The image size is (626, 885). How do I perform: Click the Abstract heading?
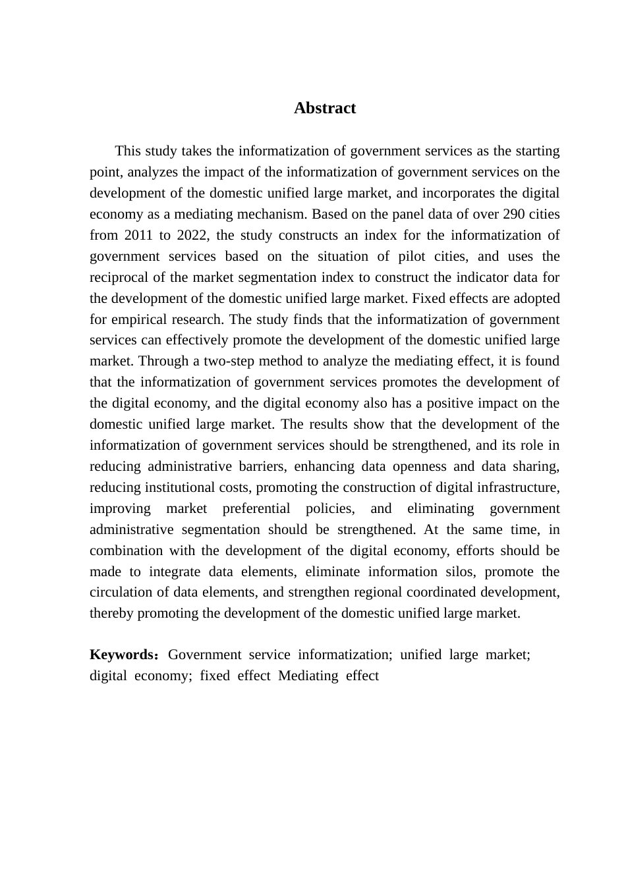[325, 108]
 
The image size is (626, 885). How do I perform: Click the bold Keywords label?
[122, 655]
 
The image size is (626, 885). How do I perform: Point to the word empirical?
[142, 319]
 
